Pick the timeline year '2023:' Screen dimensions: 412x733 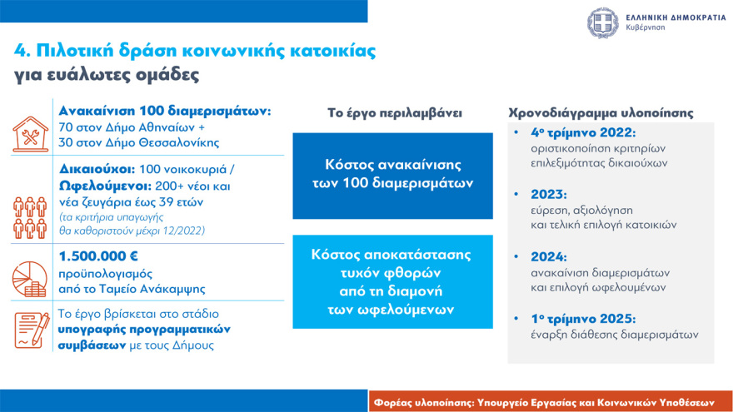pos(550,195)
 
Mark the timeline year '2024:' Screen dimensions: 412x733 pos(550,257)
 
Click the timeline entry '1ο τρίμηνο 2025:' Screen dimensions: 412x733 pos(582,319)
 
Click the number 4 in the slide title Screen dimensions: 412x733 pos(20,50)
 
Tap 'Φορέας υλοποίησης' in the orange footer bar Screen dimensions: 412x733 pos(426,400)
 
